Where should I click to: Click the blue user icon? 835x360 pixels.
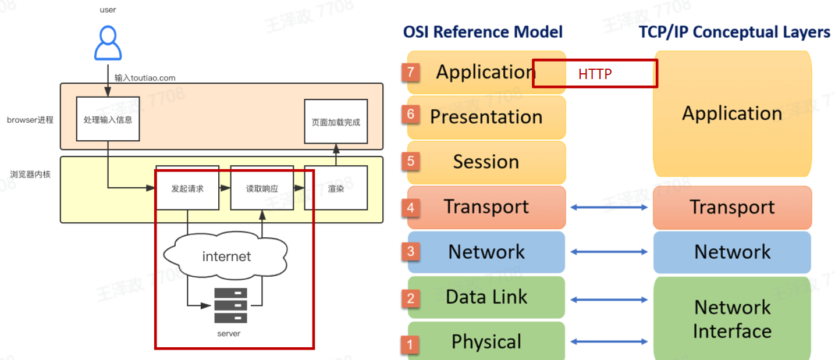pos(108,43)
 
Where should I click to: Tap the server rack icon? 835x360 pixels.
pos(230,305)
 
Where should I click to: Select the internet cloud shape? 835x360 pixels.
pos(226,256)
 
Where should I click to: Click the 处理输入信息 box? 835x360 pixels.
pos(108,119)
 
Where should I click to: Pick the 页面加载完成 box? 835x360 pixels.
pos(336,122)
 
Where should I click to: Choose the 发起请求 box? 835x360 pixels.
pos(187,188)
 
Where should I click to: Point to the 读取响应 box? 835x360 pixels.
pos(261,188)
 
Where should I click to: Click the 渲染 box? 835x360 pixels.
pos(336,188)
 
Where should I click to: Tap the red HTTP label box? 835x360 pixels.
pos(595,74)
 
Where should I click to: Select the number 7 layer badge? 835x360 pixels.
pos(410,72)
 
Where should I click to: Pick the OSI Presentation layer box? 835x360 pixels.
pos(486,116)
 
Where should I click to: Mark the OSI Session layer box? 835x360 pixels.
pos(486,162)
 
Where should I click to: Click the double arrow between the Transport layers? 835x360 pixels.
pos(609,207)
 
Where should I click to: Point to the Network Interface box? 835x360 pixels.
pos(732,319)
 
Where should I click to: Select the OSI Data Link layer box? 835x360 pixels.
pos(486,297)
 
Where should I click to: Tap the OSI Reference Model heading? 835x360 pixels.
pos(483,31)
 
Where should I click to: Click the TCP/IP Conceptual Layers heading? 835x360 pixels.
pos(734,31)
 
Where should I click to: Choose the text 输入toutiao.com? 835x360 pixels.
pos(145,78)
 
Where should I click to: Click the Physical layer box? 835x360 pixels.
pos(486,341)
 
